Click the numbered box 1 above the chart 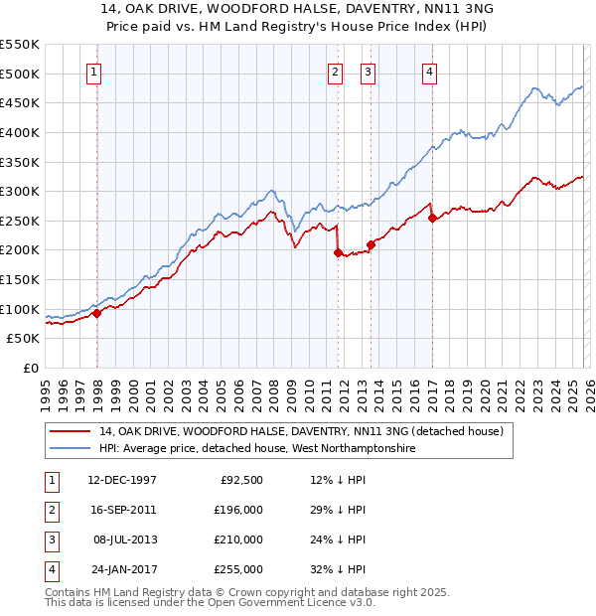pos(92,71)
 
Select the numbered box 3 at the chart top pos(367,71)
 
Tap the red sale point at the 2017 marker pos(432,220)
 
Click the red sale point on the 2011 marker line pos(338,253)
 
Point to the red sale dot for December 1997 pos(97,314)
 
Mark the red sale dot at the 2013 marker pos(370,244)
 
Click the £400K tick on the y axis pos(20,132)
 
